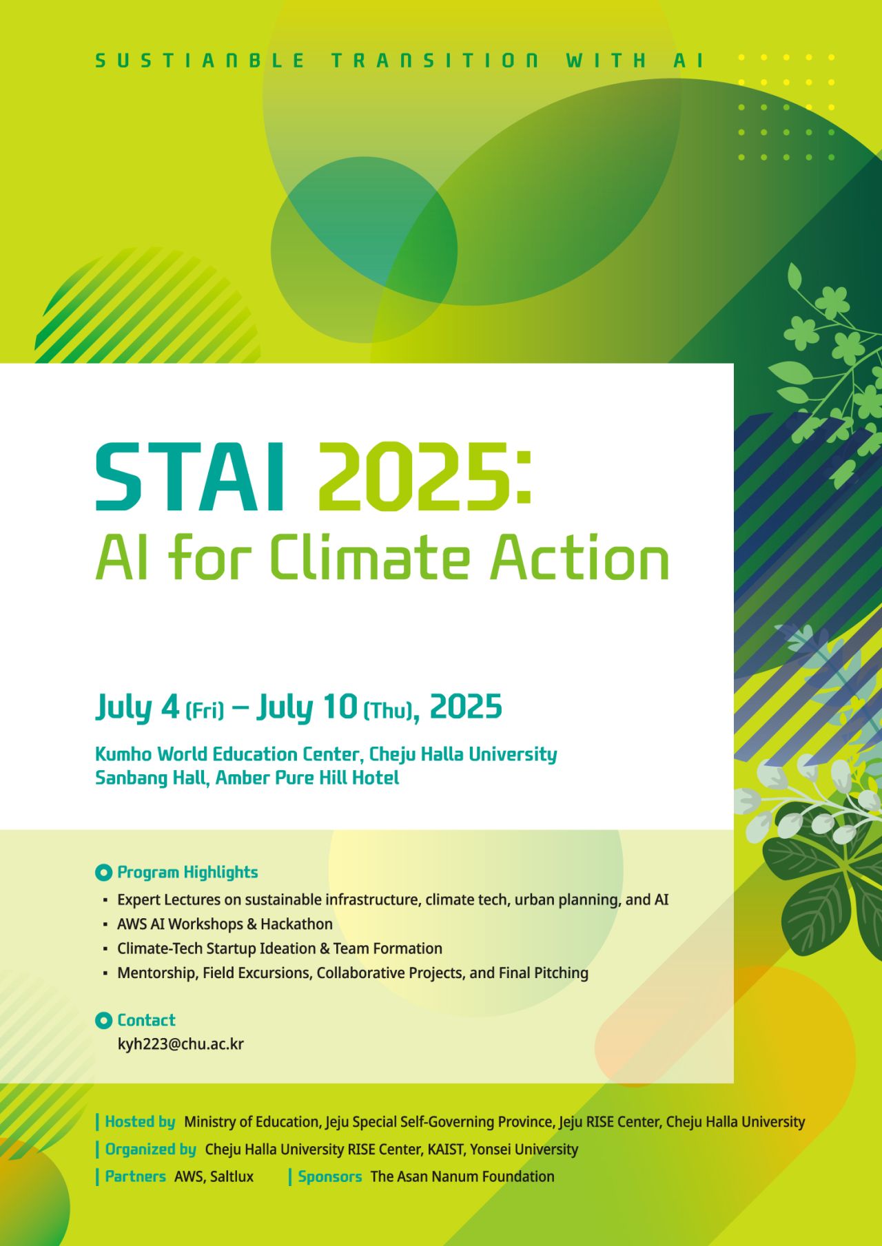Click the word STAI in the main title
pyautogui.click(x=190, y=477)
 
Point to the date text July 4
pyautogui.click(x=138, y=707)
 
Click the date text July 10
pyautogui.click(x=307, y=707)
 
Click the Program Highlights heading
pyautogui.click(x=187, y=872)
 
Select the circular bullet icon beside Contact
pyautogui.click(x=103, y=1021)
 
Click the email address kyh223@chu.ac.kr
pyautogui.click(x=181, y=1044)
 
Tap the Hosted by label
pyautogui.click(x=140, y=1122)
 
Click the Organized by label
pyautogui.click(x=150, y=1150)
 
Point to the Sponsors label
pyautogui.click(x=330, y=1177)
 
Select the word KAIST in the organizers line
pyautogui.click(x=443, y=1150)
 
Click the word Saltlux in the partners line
pyautogui.click(x=232, y=1177)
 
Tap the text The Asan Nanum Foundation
pyautogui.click(x=462, y=1177)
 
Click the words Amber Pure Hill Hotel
pyautogui.click(x=307, y=778)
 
